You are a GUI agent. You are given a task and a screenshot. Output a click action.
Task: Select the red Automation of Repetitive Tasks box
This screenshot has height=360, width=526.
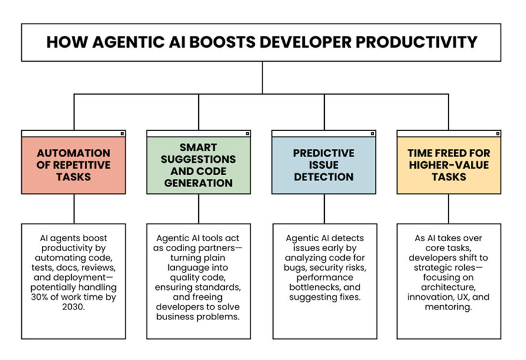[x=74, y=165]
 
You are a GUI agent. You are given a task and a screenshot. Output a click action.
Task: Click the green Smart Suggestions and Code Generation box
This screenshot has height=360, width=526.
[x=198, y=165]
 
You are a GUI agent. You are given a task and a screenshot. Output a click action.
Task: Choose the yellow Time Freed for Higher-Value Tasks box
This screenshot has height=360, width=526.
[x=448, y=165]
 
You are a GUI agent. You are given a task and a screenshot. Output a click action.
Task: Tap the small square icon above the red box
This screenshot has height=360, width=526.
[x=122, y=134]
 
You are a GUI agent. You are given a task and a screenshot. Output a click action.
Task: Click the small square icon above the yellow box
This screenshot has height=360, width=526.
[x=497, y=134]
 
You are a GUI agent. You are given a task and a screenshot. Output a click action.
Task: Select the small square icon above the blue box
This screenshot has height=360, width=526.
[x=371, y=134]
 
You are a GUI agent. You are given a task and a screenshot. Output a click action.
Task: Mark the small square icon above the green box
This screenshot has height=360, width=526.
[x=247, y=134]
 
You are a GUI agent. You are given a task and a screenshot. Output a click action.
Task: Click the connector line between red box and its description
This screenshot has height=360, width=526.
[x=74, y=209]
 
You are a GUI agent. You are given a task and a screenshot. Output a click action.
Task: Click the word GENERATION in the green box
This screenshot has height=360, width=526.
[x=198, y=183]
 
